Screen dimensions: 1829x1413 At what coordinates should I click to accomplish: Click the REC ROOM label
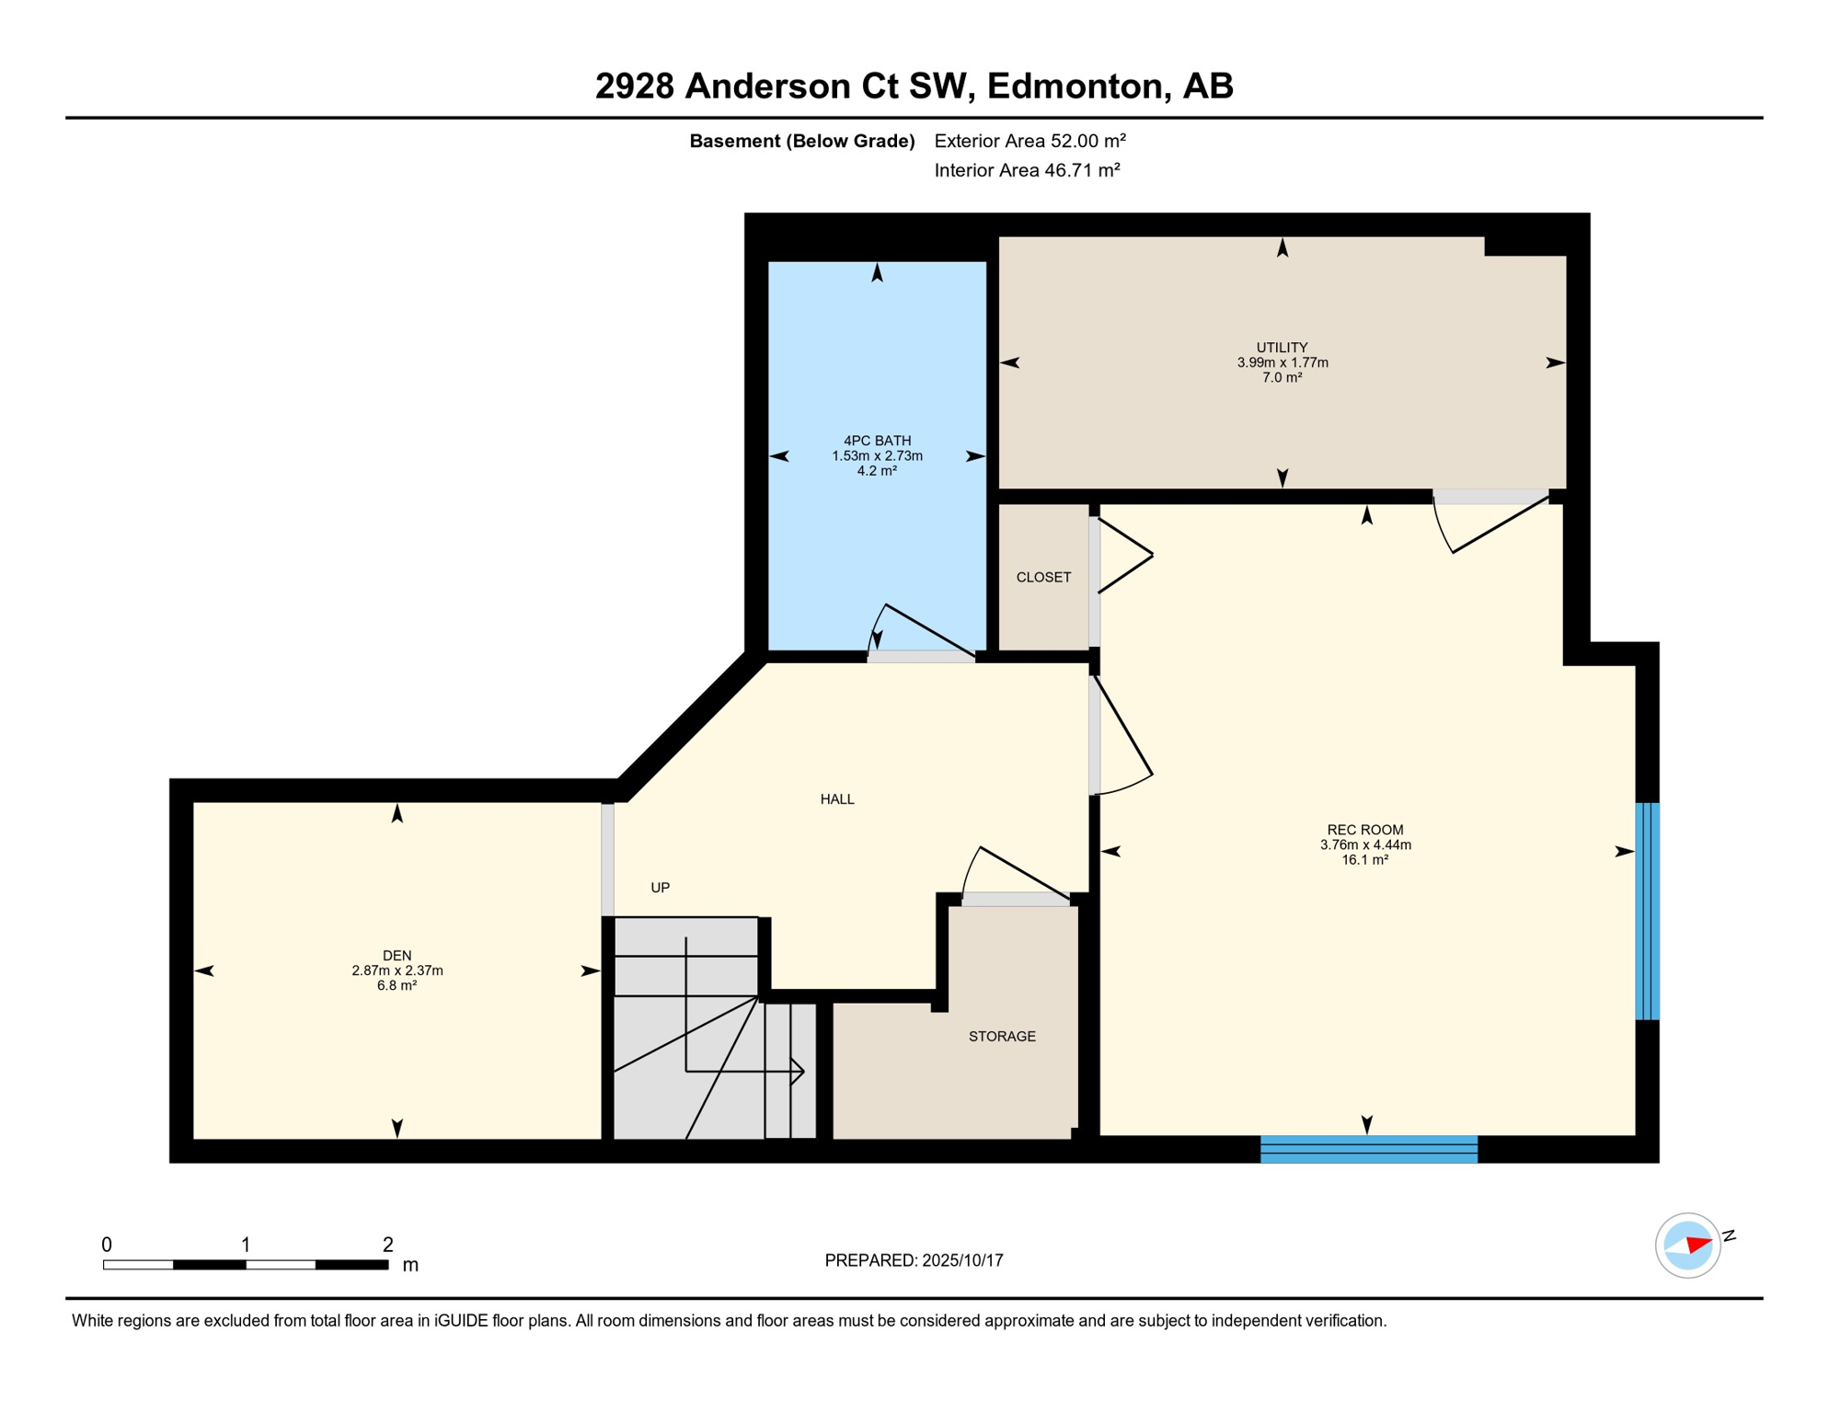pos(1365,830)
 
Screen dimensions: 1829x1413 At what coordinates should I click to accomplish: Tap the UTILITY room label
pos(1283,348)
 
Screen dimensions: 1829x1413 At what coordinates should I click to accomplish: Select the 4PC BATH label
pos(878,441)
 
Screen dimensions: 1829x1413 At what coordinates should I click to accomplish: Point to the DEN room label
pos(397,956)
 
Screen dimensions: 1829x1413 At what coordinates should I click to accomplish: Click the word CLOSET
pos(1043,578)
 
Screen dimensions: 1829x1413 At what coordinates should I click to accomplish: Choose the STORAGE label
pos(1002,1037)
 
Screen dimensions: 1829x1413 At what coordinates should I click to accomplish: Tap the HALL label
pos(837,799)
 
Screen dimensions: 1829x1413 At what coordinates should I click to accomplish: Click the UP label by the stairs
pos(661,888)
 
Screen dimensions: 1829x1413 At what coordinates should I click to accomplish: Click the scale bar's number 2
pos(388,1245)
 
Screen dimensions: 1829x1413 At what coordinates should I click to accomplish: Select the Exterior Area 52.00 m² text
pos(1030,141)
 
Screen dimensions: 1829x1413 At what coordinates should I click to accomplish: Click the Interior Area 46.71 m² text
pos(1028,170)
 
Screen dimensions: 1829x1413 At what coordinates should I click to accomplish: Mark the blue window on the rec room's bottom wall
pos(1369,1149)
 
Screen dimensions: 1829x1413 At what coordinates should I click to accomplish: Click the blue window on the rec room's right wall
pos(1648,912)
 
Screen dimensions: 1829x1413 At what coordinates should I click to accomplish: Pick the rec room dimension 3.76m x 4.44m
pos(1365,844)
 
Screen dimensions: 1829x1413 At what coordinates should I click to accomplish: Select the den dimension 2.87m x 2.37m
pos(397,971)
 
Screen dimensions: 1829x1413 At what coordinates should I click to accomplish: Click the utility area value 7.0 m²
pos(1283,377)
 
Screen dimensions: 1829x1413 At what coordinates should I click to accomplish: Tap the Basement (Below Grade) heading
pos(802,141)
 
